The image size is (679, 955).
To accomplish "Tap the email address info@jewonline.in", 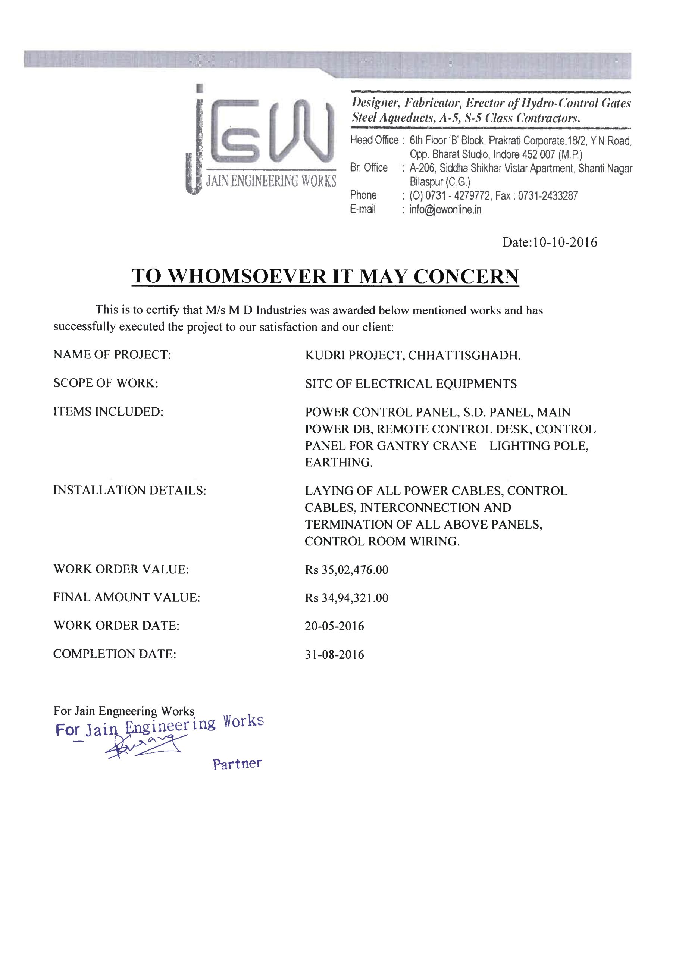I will (445, 209).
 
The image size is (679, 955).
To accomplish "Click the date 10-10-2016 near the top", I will (565, 242).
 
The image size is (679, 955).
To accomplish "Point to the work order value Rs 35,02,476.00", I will (346, 570).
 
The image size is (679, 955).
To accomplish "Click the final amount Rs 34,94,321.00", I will (346, 598).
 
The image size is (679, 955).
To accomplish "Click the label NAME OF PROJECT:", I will (112, 354).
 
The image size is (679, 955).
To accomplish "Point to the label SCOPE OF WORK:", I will (106, 383).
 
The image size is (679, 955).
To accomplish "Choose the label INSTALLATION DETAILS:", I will (129, 490).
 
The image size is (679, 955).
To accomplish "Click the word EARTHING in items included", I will (338, 462).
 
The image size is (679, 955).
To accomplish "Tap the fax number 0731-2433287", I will (548, 195).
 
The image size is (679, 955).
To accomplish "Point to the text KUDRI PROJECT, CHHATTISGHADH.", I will (413, 355).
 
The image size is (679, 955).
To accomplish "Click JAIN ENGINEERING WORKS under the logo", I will (271, 181).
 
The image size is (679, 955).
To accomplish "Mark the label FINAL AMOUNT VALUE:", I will (127, 597).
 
